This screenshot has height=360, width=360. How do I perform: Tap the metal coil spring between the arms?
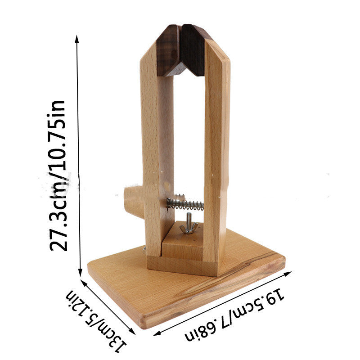tap(185, 204)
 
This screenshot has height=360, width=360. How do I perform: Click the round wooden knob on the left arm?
tap(134, 202)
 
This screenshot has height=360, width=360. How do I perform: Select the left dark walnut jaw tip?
tap(169, 50)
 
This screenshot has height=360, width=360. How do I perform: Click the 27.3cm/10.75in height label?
tap(58, 175)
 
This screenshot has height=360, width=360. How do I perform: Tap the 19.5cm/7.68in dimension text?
tap(234, 313)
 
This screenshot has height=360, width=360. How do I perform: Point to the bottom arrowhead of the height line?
tap(80, 273)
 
